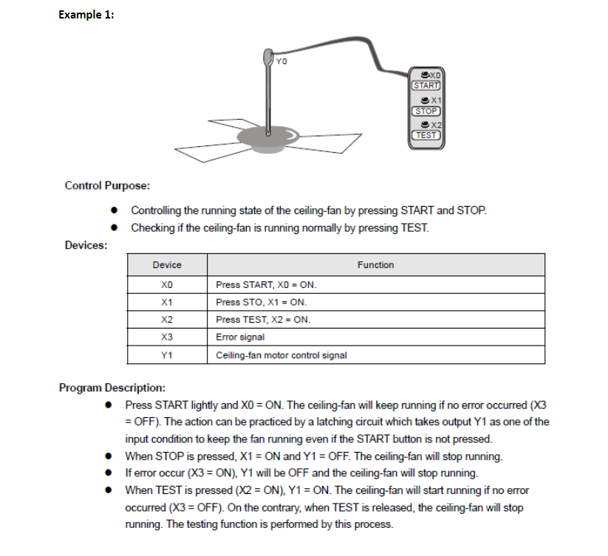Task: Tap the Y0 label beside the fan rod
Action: click(x=280, y=61)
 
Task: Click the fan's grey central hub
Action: click(x=265, y=134)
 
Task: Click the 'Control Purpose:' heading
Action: click(x=108, y=185)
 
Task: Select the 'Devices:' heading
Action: click(x=86, y=245)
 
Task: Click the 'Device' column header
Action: click(x=166, y=265)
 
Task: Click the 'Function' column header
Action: click(x=375, y=265)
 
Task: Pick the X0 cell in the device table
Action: click(x=166, y=284)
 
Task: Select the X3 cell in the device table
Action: click(x=166, y=337)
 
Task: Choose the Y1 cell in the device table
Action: click(x=166, y=355)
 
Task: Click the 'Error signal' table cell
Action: click(x=240, y=337)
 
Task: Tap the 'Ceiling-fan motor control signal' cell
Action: click(x=281, y=355)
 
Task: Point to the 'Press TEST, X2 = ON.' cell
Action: click(x=263, y=320)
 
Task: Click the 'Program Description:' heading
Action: click(x=112, y=388)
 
